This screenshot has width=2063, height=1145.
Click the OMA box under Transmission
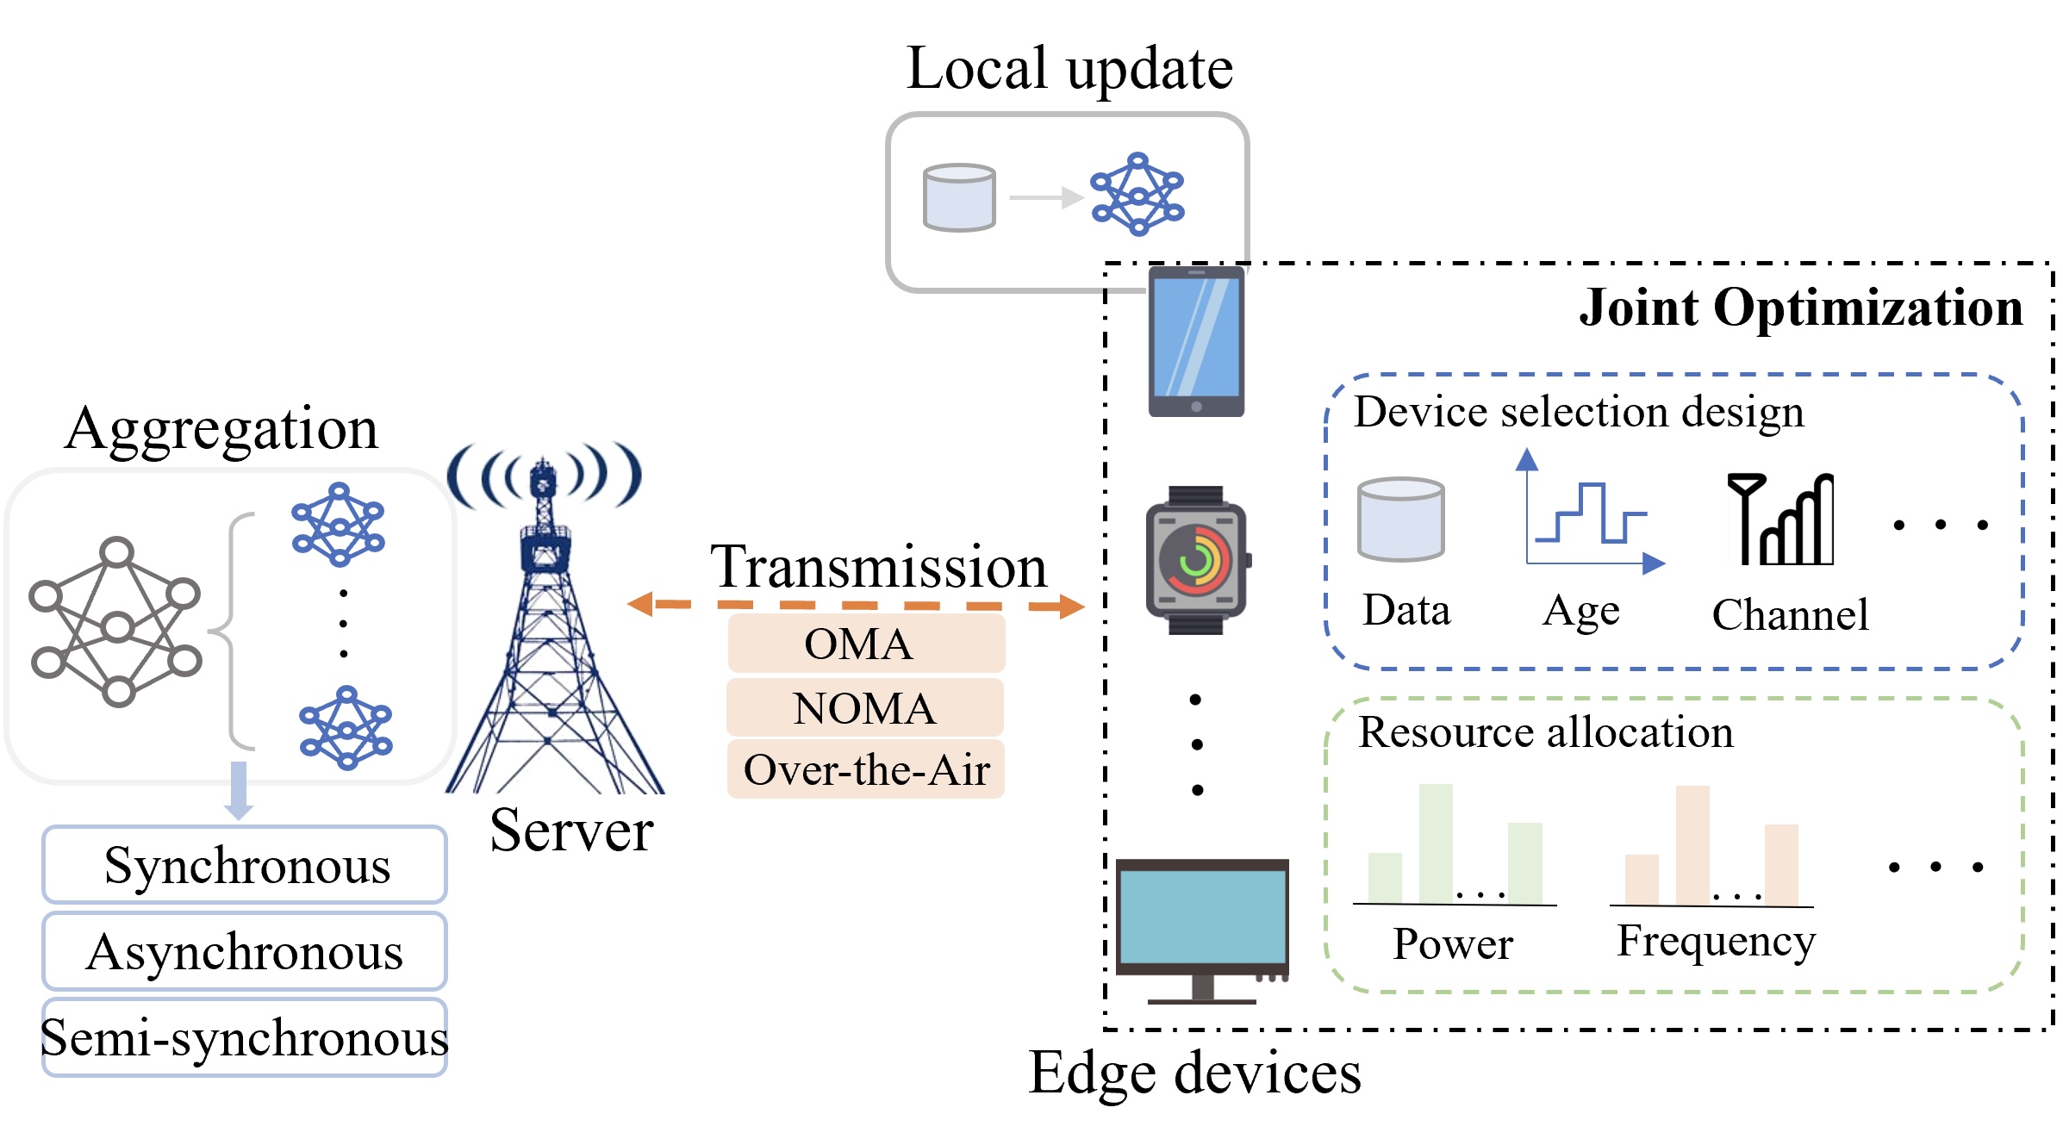point(865,644)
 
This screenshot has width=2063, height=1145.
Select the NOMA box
point(865,708)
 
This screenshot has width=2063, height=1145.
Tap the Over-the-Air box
point(865,769)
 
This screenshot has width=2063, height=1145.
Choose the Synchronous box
point(245,865)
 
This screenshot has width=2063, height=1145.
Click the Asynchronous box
point(245,951)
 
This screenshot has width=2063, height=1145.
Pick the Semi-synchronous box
point(245,1037)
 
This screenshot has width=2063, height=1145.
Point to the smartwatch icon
point(1196,561)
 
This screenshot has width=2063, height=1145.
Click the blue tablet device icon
point(1196,342)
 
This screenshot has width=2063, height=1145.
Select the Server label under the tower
point(570,831)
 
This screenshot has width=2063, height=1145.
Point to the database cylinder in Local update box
point(958,197)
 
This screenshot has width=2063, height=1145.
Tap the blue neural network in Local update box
point(1137,194)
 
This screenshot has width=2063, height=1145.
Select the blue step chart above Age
point(1590,514)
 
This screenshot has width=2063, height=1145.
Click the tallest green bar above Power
point(1435,843)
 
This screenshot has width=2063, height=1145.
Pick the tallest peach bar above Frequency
point(1692,843)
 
